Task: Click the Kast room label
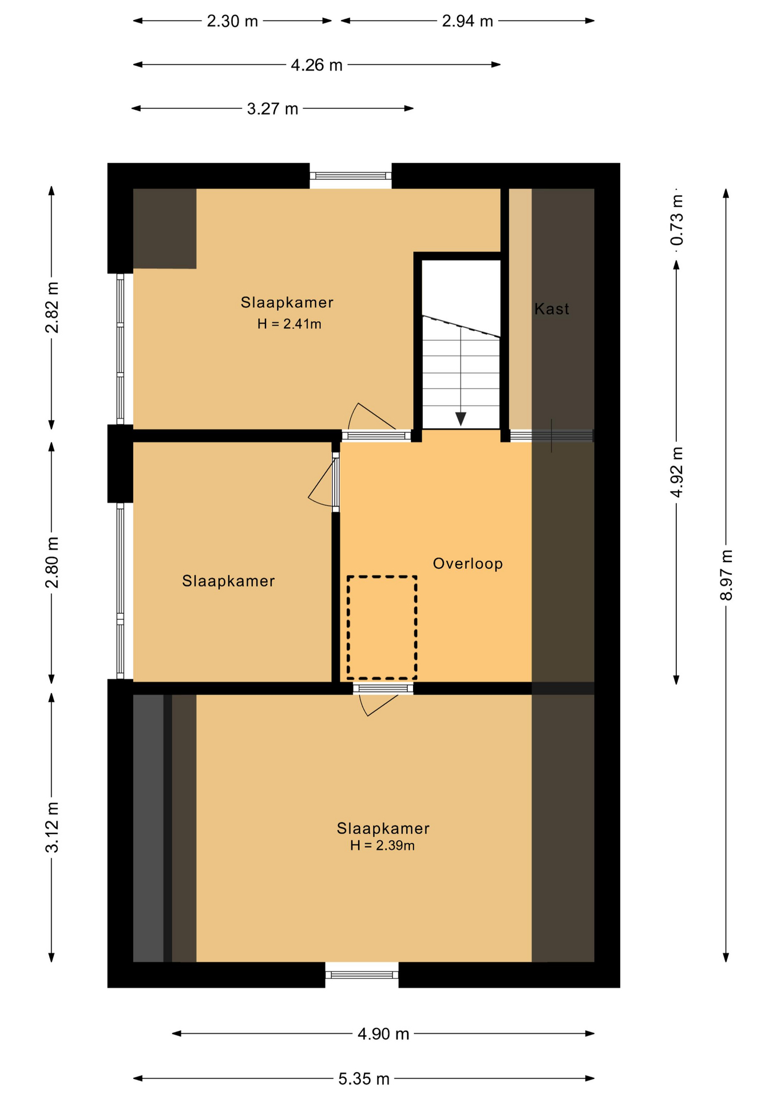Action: point(552,309)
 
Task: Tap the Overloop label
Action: point(468,564)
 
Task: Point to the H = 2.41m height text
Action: point(289,324)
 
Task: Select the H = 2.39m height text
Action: point(382,845)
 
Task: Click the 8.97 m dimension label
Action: point(726,575)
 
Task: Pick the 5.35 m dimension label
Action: point(364,1079)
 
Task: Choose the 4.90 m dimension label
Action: point(383,1034)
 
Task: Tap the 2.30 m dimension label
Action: point(232,21)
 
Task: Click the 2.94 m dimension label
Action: point(467,21)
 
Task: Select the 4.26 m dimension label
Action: point(316,65)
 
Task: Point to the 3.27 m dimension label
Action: point(272,109)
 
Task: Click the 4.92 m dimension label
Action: point(677,472)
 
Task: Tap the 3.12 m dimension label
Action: point(52,827)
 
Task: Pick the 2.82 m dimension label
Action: point(52,307)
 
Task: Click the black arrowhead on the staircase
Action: point(461,419)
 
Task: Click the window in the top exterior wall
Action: point(351,176)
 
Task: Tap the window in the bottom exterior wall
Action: point(362,975)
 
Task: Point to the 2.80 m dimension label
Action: point(52,563)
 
